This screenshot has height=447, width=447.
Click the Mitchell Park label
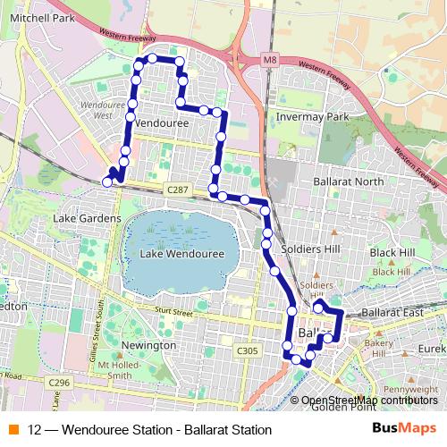[42, 16]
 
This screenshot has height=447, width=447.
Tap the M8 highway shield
[270, 61]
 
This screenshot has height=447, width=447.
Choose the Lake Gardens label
[87, 218]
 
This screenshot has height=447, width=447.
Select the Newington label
[148, 344]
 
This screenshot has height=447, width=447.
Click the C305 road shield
[249, 351]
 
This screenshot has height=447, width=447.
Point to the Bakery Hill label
[380, 348]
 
